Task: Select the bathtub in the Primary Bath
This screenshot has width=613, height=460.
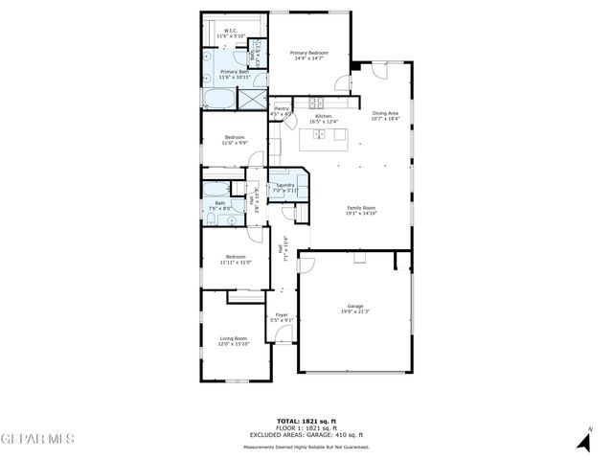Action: (x=217, y=98)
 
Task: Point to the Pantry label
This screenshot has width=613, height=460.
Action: (x=282, y=110)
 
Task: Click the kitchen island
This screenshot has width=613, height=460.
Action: (x=325, y=142)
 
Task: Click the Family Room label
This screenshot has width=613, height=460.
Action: (x=360, y=209)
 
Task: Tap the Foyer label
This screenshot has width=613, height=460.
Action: (x=282, y=316)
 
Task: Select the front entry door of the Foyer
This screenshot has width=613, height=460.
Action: (x=284, y=333)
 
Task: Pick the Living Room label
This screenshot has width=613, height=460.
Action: (x=234, y=339)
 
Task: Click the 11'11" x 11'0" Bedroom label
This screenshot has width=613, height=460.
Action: (x=235, y=259)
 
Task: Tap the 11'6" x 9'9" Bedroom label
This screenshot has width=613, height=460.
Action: (x=235, y=140)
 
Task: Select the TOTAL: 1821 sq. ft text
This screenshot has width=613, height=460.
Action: (x=306, y=421)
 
